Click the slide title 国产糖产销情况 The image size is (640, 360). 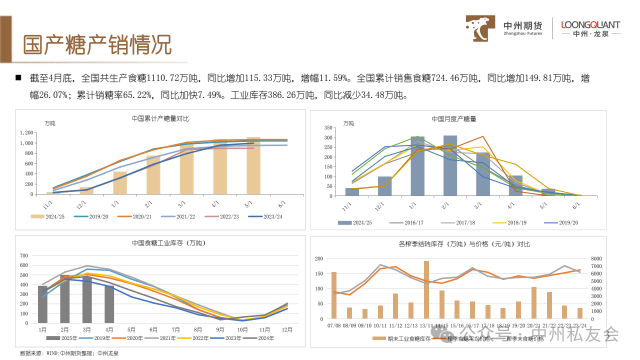(x=97, y=45)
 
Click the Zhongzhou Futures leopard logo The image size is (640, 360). (x=481, y=28)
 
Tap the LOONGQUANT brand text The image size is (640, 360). (x=590, y=24)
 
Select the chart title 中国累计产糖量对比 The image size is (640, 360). (x=160, y=119)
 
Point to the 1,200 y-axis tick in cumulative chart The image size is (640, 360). (x=26, y=133)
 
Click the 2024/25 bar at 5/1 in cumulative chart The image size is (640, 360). (x=253, y=165)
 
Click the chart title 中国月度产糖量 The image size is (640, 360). (x=454, y=119)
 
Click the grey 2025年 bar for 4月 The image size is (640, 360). (x=109, y=304)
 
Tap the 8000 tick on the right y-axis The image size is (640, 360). (x=596, y=258)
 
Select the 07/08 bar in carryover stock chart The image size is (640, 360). (x=334, y=295)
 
